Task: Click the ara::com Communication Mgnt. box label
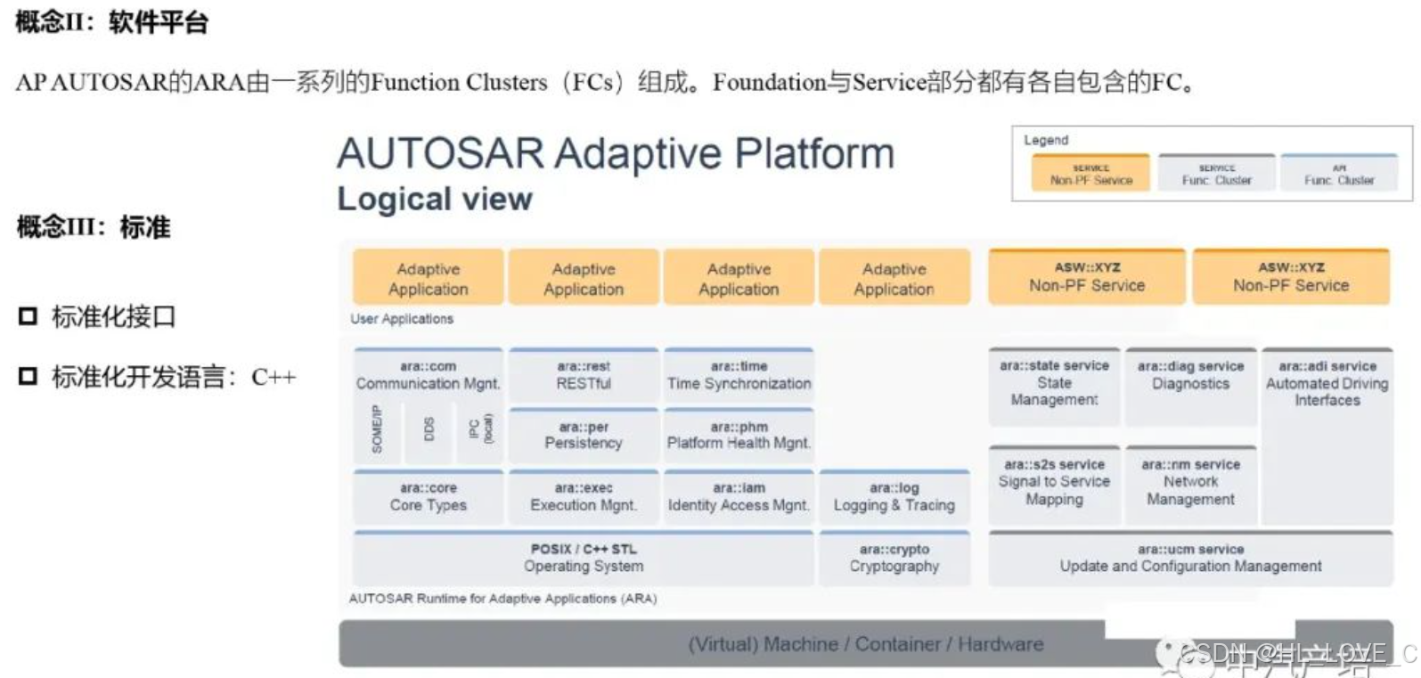(428, 375)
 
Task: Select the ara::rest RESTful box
(584, 375)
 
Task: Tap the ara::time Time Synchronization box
(739, 375)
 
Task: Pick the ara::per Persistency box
(584, 435)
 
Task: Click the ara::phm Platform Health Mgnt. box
(739, 435)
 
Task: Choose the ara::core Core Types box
(428, 496)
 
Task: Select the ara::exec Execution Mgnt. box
(584, 496)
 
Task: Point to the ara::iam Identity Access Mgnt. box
(739, 496)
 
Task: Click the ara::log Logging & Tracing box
(894, 496)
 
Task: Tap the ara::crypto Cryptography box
(894, 558)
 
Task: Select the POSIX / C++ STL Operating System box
(584, 558)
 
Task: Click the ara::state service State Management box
(1054, 383)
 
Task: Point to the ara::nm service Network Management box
(1190, 482)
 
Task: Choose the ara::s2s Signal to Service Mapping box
(1054, 482)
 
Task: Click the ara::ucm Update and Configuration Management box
(1190, 558)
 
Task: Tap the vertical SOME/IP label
(377, 429)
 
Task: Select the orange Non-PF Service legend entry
(1090, 174)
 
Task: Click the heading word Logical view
(435, 199)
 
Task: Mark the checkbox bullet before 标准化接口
(29, 316)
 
